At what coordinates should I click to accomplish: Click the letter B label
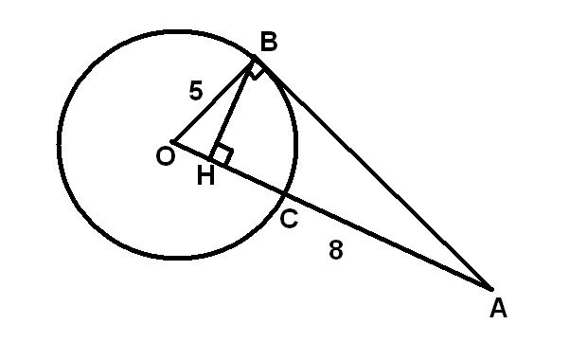pyautogui.click(x=269, y=42)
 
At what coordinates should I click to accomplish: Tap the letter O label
pyautogui.click(x=166, y=157)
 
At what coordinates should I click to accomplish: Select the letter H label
pyautogui.click(x=205, y=175)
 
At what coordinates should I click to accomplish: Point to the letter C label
pyautogui.click(x=289, y=219)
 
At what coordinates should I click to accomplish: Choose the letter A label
pyautogui.click(x=498, y=308)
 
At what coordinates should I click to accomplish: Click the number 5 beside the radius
pyautogui.click(x=196, y=90)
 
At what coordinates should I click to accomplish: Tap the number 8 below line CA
pyautogui.click(x=336, y=249)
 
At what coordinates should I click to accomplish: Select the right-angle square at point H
pyautogui.click(x=222, y=155)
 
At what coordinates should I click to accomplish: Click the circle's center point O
pyautogui.click(x=172, y=142)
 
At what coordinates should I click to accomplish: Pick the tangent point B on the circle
pyautogui.click(x=255, y=56)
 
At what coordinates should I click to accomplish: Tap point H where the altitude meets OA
pyautogui.click(x=210, y=159)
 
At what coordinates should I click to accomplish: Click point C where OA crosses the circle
pyautogui.click(x=284, y=194)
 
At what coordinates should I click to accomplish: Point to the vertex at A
pyautogui.click(x=491, y=290)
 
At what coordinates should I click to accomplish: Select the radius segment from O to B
pyautogui.click(x=213, y=99)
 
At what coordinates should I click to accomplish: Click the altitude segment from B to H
pyautogui.click(x=232, y=108)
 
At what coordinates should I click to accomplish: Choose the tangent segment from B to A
pyautogui.click(x=373, y=173)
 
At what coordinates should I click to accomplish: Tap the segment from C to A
pyautogui.click(x=387, y=242)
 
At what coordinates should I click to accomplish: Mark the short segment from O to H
pyautogui.click(x=191, y=151)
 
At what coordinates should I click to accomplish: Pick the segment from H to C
pyautogui.click(x=247, y=177)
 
